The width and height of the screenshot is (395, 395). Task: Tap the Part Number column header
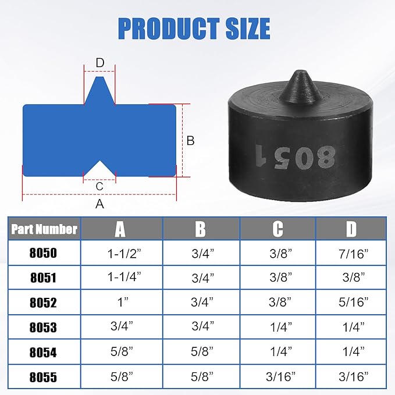[x=44, y=229]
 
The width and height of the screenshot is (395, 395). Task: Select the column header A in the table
[x=120, y=229]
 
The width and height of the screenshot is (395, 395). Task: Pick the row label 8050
[x=44, y=254]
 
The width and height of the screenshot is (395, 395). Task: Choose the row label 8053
[x=44, y=327]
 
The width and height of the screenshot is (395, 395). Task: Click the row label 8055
[x=44, y=376]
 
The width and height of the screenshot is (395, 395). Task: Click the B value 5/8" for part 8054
[x=200, y=351]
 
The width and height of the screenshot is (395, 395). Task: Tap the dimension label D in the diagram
[x=99, y=62]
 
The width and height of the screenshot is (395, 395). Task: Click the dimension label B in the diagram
[x=190, y=140]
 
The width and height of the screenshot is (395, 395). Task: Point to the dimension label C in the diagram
[x=99, y=186]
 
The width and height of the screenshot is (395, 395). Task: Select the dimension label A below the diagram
[x=99, y=204]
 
